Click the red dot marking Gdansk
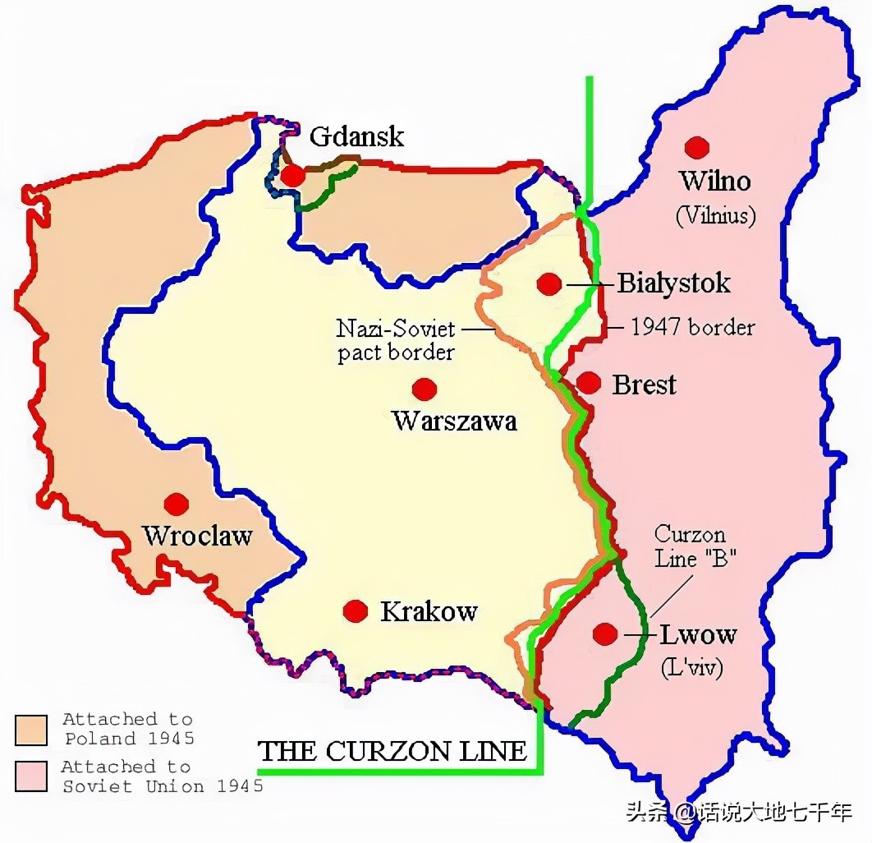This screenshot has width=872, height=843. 292,175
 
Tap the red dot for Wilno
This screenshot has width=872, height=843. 697,148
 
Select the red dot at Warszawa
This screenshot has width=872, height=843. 425,389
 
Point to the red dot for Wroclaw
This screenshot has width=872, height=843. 176,504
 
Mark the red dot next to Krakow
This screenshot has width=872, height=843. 356,610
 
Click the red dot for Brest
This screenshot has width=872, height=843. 589,383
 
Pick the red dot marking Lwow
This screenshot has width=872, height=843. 605,633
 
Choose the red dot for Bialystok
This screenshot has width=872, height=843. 549,284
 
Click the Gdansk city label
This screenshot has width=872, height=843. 356,136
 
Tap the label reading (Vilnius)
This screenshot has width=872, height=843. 715,215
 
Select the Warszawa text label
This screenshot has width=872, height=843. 455,421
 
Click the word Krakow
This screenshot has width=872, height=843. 429,611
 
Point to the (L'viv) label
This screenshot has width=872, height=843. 691,667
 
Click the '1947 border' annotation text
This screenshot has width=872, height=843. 692,327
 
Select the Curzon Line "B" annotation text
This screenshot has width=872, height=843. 695,546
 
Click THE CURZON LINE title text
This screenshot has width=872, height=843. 392,751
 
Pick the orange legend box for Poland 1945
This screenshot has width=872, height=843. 30,729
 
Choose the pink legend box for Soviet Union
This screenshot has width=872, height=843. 30,776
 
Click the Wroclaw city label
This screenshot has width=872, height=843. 197,537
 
